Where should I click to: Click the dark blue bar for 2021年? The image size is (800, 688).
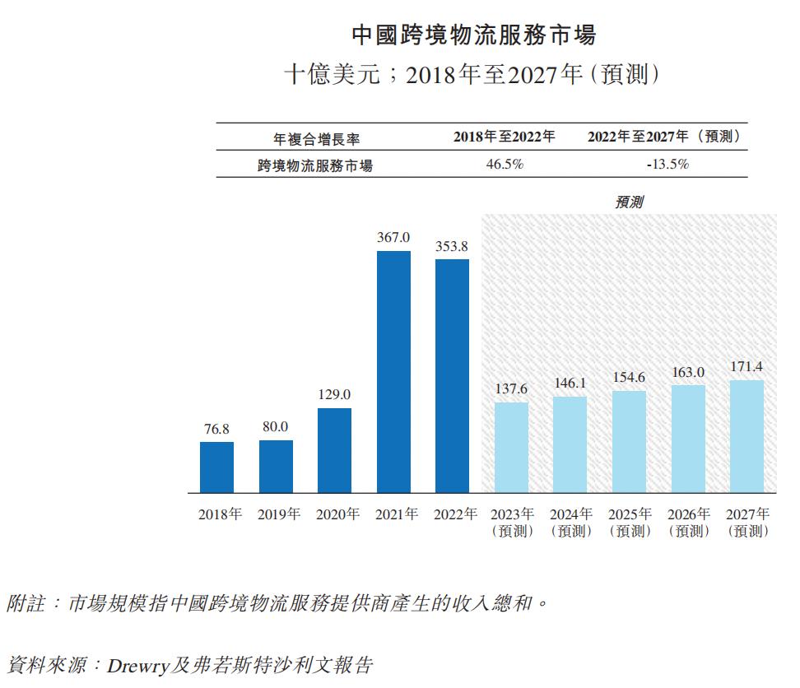pyautogui.click(x=393, y=372)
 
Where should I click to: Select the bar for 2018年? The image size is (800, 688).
pyautogui.click(x=216, y=467)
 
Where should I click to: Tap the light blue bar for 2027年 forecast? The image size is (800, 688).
pyautogui.click(x=747, y=436)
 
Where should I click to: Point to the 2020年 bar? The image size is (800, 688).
pyautogui.click(x=334, y=450)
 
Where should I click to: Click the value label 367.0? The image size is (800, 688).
pyautogui.click(x=393, y=237)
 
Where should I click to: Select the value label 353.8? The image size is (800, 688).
pyautogui.click(x=452, y=245)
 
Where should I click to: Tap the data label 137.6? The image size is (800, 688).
pyautogui.click(x=511, y=388)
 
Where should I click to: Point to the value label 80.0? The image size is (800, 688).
pyautogui.click(x=276, y=426)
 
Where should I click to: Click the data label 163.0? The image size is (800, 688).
pyautogui.click(x=688, y=372)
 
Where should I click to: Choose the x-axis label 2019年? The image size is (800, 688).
pyautogui.click(x=279, y=514)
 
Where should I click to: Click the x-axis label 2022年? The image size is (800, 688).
pyautogui.click(x=455, y=514)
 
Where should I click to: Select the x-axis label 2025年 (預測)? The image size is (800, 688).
pyautogui.click(x=630, y=523)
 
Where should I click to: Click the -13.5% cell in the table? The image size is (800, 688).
pyautogui.click(x=667, y=165)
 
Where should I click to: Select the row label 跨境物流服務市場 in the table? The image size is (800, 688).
pyautogui.click(x=315, y=165)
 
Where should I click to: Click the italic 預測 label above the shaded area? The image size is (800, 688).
pyautogui.click(x=629, y=202)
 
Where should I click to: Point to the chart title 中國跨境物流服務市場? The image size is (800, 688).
pyautogui.click(x=473, y=35)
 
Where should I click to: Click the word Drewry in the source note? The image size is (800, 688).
pyautogui.click(x=137, y=663)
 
